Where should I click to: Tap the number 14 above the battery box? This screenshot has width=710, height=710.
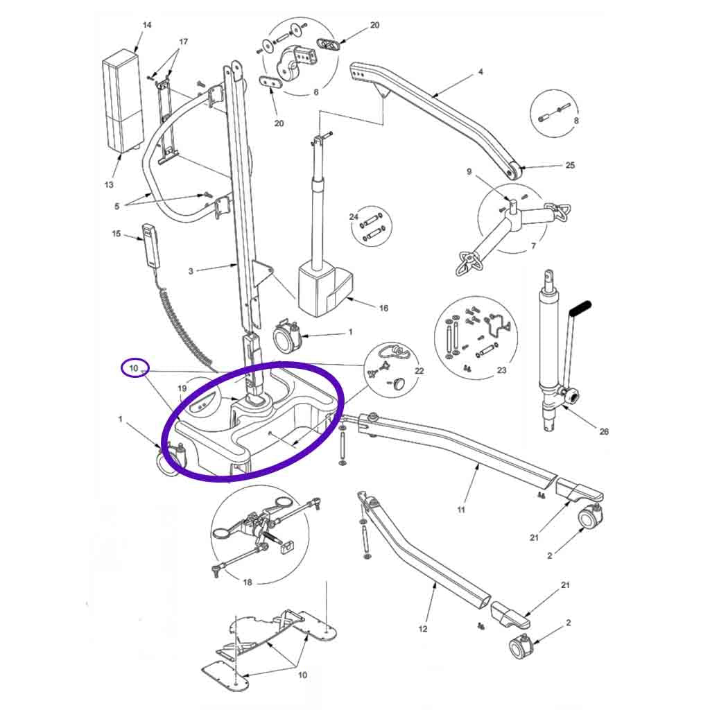pos(146,26)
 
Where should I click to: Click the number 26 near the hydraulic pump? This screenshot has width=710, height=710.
pos(603,431)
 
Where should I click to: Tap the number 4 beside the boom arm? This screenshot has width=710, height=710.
pos(480,72)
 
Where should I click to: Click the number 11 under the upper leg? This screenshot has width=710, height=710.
pos(461,510)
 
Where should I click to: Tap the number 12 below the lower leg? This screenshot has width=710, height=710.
pos(423,629)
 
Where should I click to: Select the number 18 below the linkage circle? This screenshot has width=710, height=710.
pos(248,582)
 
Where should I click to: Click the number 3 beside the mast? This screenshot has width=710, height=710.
pos(191,271)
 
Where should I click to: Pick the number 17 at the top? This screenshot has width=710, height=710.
pos(183,42)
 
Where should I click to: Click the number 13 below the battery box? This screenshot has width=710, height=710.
pos(109,184)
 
